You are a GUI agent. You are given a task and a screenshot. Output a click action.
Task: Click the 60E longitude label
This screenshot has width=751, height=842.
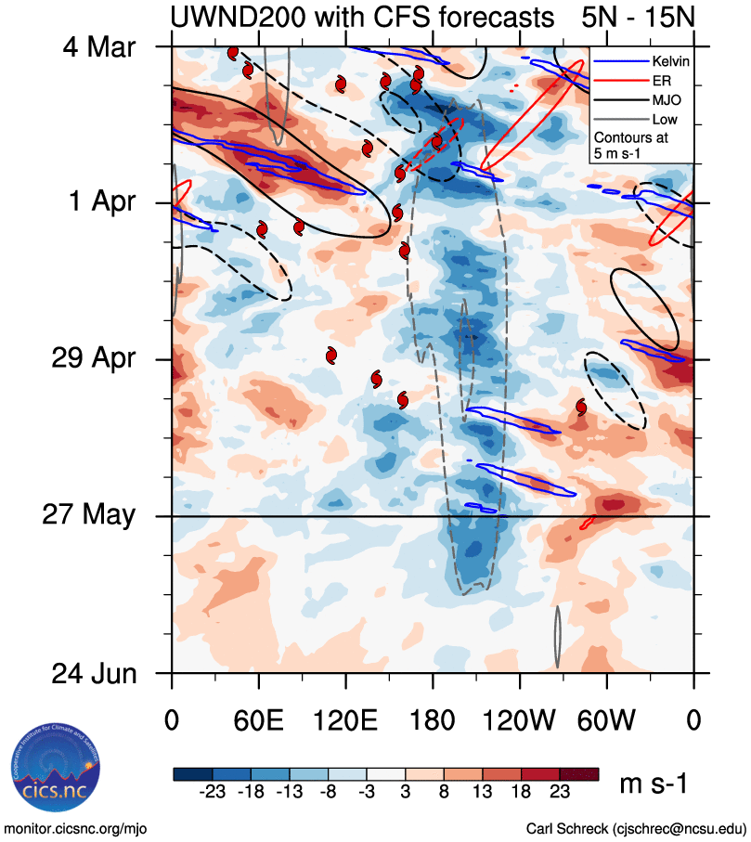click(x=258, y=720)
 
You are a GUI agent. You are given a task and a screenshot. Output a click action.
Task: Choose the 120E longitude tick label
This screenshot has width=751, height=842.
click(x=345, y=720)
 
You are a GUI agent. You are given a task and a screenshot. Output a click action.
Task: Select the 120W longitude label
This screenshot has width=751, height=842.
click(x=519, y=720)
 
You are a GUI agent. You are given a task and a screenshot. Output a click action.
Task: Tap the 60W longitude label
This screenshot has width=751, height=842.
click(x=606, y=720)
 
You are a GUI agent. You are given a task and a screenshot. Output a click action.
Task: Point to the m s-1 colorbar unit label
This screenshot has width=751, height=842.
click(x=654, y=784)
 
